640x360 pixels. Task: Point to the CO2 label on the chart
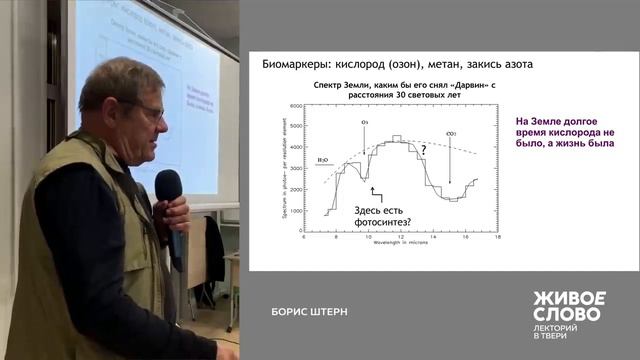pyautogui.click(x=451, y=131)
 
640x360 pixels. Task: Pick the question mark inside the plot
pyautogui.click(x=423, y=149)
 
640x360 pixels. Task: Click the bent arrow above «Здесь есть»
pyautogui.click(x=376, y=192)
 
